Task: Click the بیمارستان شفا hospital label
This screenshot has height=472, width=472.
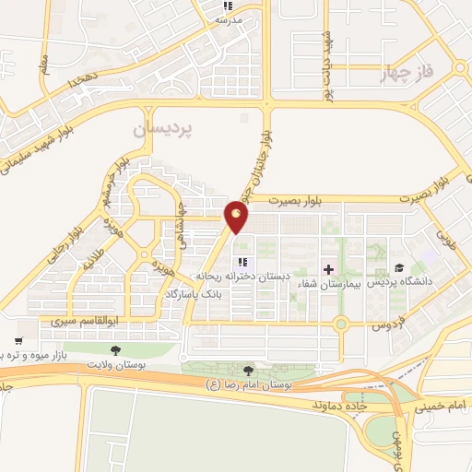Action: pyautogui.click(x=323, y=285)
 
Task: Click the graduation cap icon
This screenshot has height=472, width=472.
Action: pyautogui.click(x=399, y=267)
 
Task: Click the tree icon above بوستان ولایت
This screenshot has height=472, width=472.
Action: pyautogui.click(x=115, y=350)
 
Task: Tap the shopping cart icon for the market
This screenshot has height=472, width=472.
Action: pyautogui.click(x=18, y=340)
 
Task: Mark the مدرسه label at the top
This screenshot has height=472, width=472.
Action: pyautogui.click(x=228, y=18)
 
